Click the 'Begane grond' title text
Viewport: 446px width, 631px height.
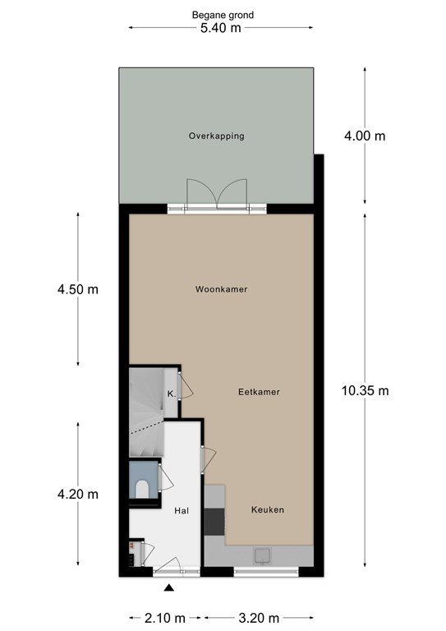(223, 16)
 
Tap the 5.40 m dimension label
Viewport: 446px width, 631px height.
(221, 28)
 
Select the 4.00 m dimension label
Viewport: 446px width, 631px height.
(365, 136)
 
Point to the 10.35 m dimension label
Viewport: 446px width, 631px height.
(366, 391)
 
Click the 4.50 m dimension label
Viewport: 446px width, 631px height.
(77, 289)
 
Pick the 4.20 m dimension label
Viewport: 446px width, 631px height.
(77, 494)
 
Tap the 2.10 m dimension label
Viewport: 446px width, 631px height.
(165, 617)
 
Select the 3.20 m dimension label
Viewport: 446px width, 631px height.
(259, 617)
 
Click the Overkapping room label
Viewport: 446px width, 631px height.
(216, 136)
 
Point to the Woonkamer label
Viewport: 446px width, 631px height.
(221, 289)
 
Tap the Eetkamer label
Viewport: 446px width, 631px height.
(259, 392)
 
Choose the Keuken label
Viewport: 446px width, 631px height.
(268, 510)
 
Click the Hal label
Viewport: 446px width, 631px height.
(182, 511)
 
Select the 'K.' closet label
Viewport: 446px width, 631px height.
(172, 394)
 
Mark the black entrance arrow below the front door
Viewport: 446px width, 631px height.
(169, 588)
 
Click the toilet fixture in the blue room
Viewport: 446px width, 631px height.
(141, 489)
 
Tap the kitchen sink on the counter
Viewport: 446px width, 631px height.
(262, 555)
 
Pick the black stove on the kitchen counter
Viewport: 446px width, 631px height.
(214, 522)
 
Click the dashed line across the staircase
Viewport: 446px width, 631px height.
(147, 427)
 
